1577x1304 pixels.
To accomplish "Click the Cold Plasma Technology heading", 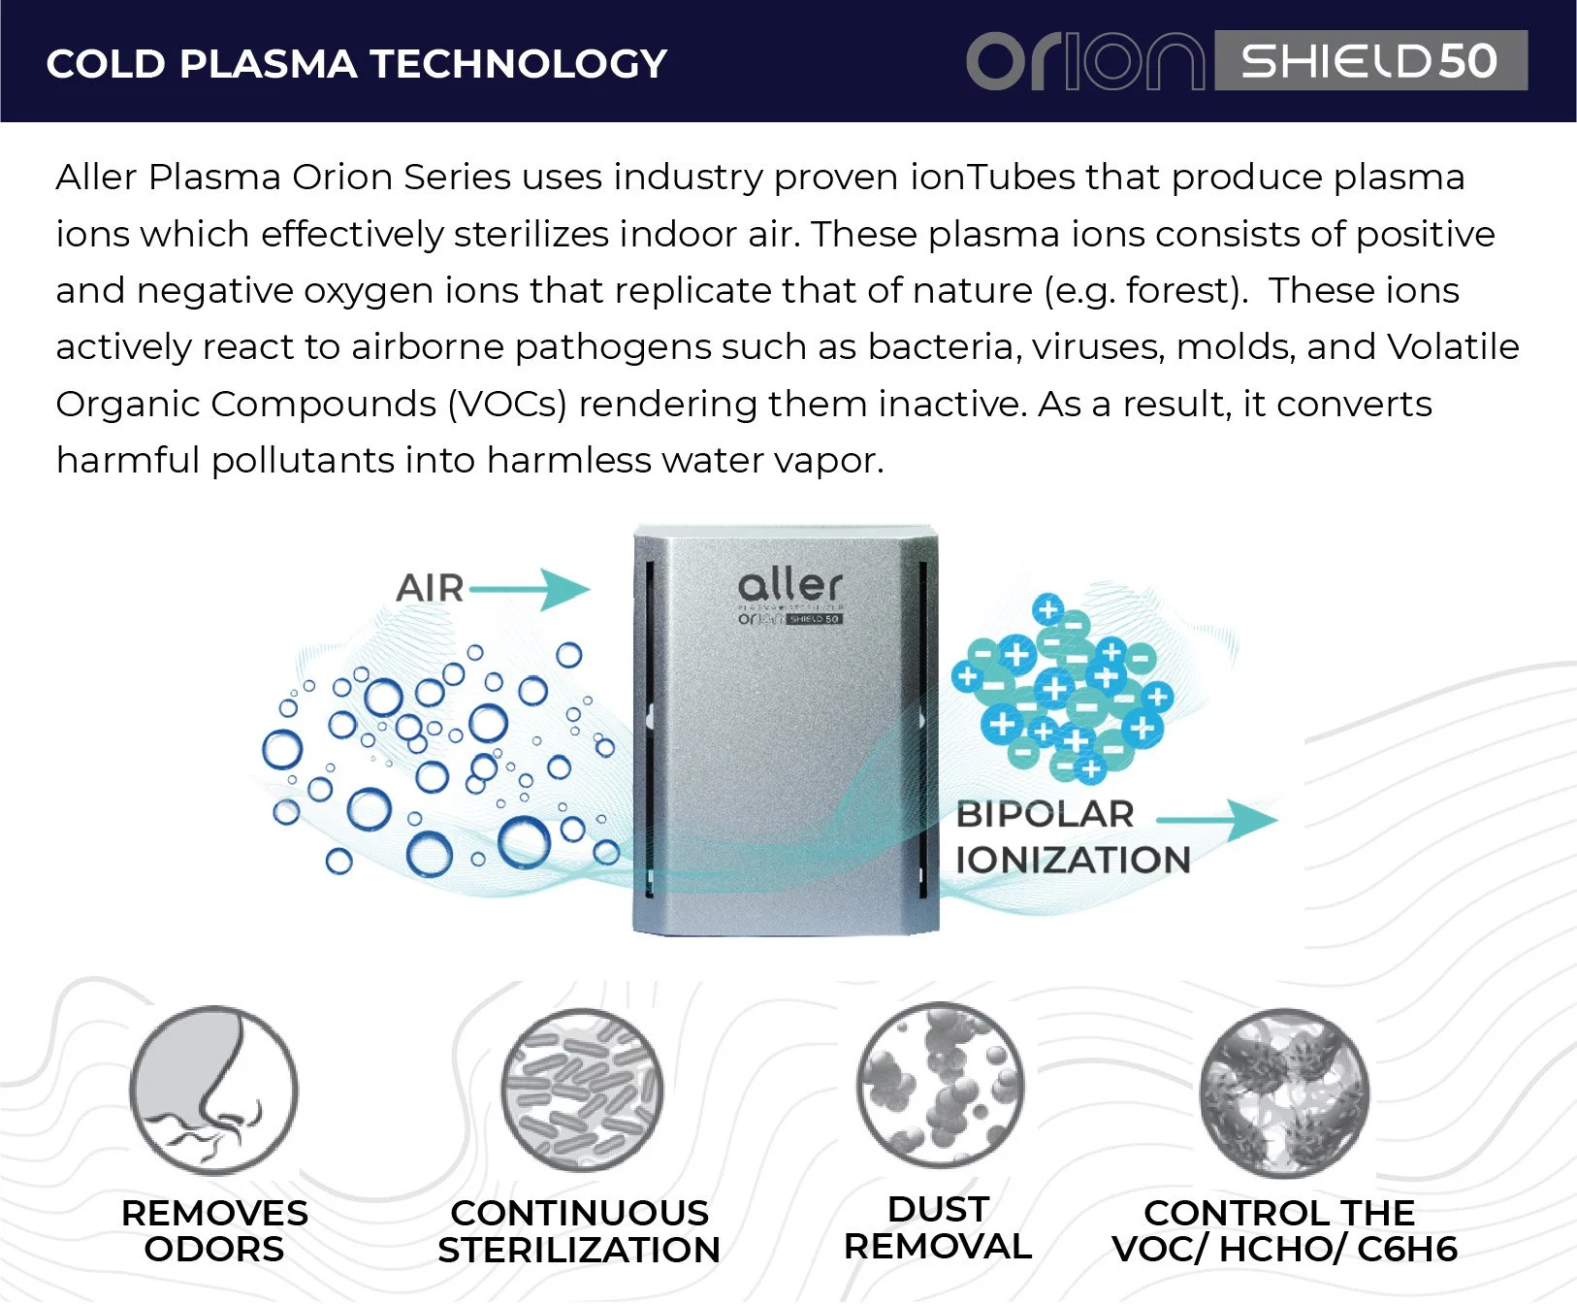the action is (x=357, y=64).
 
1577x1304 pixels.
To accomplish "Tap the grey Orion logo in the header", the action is (x=1085, y=61).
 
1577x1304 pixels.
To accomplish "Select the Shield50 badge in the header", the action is (x=1370, y=60).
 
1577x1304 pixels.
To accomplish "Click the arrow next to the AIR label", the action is (x=530, y=589).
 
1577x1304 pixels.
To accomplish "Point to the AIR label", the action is (x=431, y=588).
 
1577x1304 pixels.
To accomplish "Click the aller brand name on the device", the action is (x=790, y=585).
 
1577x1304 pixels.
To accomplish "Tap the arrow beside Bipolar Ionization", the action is (x=1218, y=820).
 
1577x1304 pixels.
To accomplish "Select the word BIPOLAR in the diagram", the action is (x=1046, y=814).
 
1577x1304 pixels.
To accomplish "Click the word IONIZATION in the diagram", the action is (x=1074, y=860).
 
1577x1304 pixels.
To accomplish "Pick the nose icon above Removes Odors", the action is (x=213, y=1091).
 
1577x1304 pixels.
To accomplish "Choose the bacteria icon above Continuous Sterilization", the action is (x=582, y=1091).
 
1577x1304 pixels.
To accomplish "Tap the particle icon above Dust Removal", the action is (x=940, y=1085).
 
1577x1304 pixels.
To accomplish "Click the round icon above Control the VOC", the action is (x=1285, y=1092).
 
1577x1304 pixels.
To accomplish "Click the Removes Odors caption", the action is (x=214, y=1230).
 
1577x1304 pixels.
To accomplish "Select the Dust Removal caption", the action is (x=938, y=1227).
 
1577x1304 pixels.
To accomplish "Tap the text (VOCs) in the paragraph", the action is (x=507, y=405).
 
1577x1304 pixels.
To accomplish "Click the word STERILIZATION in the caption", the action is (x=579, y=1250).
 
